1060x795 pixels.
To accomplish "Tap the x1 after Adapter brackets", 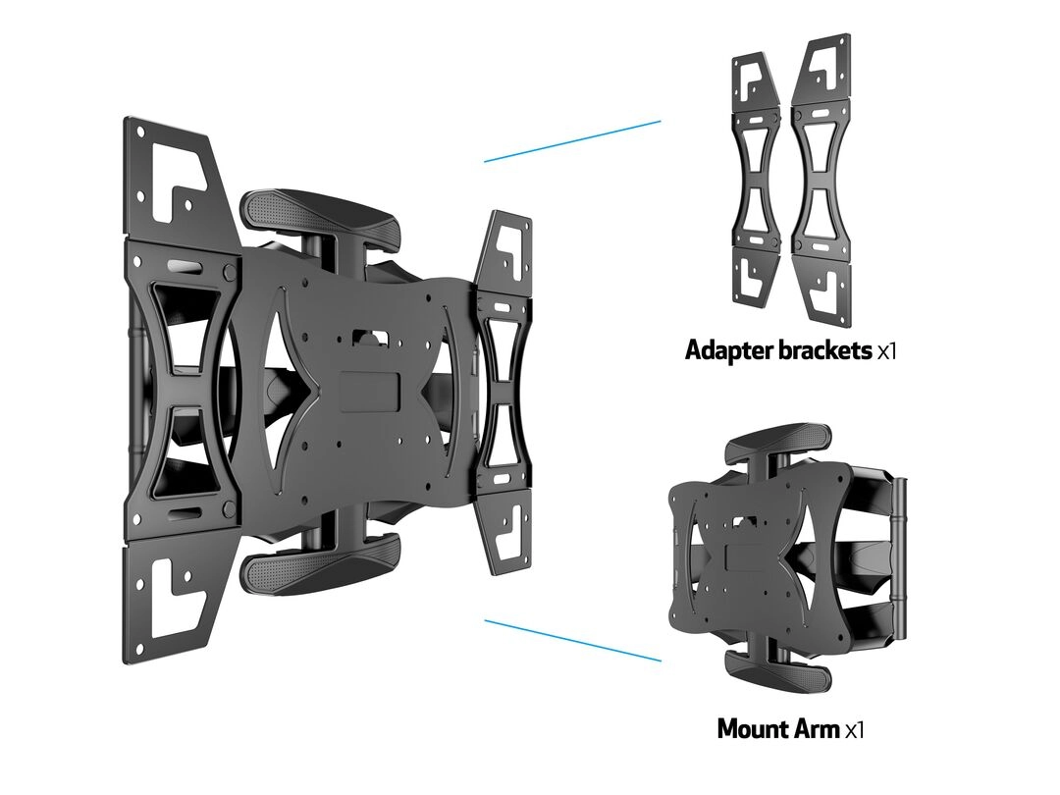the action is [x=886, y=351].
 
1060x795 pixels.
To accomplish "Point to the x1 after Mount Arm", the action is [x=855, y=730].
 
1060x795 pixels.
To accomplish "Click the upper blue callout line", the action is [x=572, y=141].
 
